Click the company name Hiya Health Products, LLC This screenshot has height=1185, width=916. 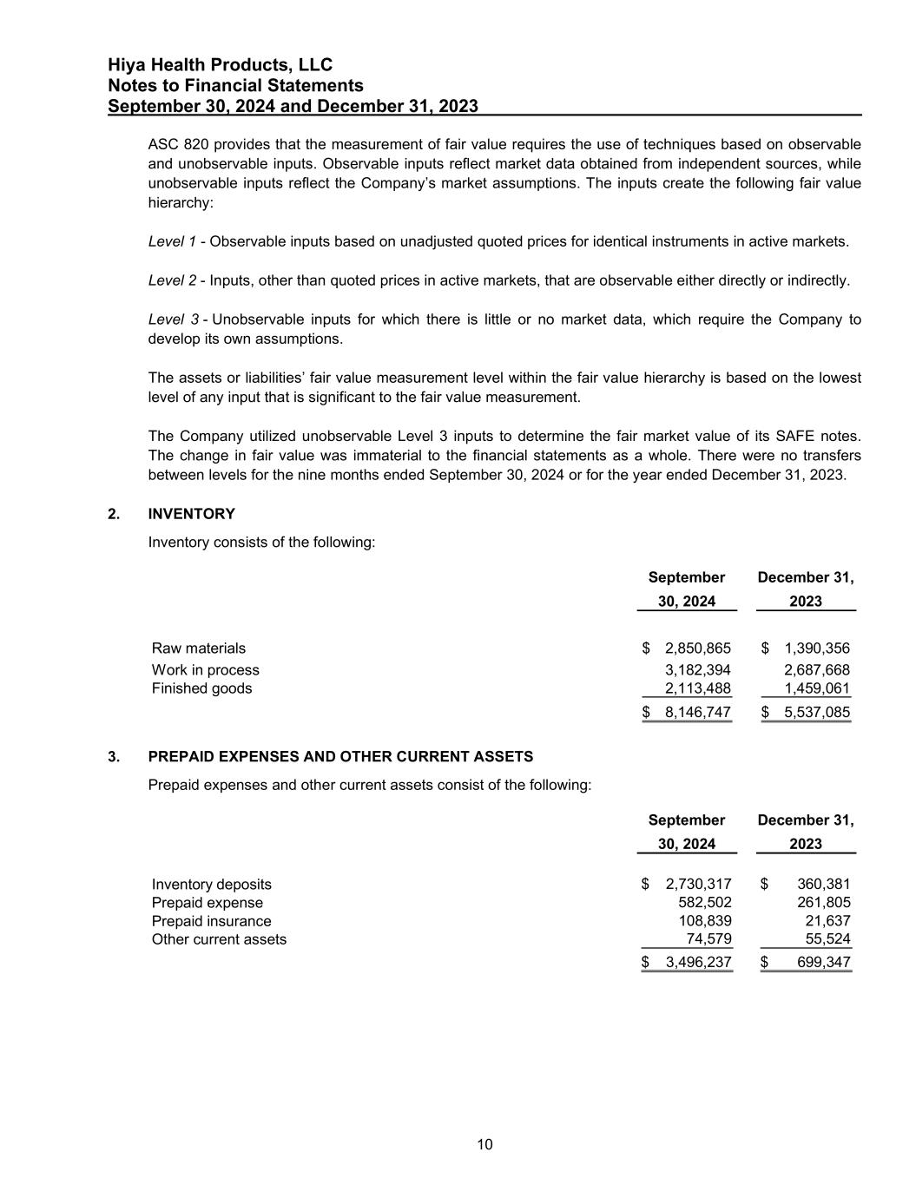point(220,65)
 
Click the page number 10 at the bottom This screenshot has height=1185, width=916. point(484,1144)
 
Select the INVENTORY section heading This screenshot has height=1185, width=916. point(191,514)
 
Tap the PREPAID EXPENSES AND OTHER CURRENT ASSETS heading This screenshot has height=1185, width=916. point(340,756)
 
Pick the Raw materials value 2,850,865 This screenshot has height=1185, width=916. point(697,648)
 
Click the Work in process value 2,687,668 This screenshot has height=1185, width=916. point(816,670)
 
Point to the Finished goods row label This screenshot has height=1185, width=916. point(201,688)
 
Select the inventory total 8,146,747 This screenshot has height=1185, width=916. point(697,713)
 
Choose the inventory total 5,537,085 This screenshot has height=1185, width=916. point(816,713)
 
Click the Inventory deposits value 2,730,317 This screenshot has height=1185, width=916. point(698,885)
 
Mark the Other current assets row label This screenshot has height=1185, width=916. point(219,939)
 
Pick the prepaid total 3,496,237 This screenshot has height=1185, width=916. point(698,962)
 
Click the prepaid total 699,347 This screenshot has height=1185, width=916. point(823,962)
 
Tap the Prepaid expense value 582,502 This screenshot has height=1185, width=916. point(704,903)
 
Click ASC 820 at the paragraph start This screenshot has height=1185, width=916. point(177,144)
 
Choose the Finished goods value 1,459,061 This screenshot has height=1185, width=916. point(816,688)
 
